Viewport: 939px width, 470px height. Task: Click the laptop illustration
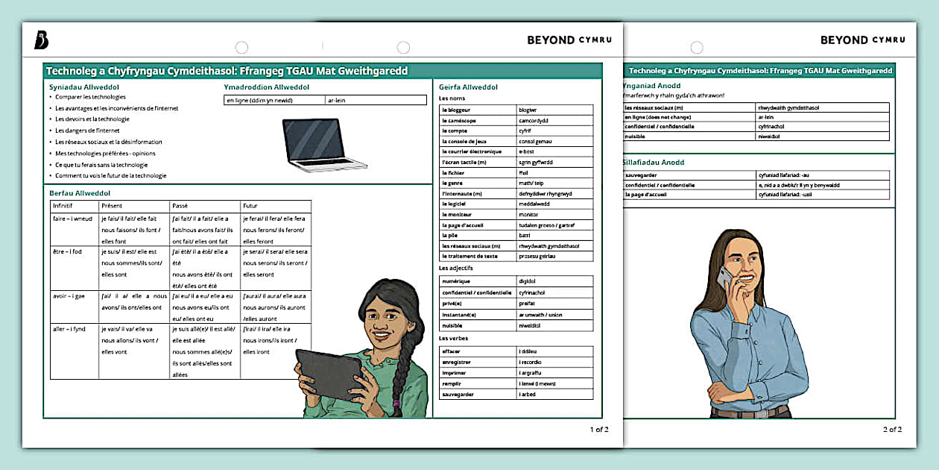pyautogui.click(x=324, y=144)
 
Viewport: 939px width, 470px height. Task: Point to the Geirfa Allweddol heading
pyautogui.click(x=468, y=87)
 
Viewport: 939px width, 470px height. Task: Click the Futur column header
pyautogui.click(x=250, y=206)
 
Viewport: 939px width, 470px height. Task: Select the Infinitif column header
pyautogui.click(x=63, y=206)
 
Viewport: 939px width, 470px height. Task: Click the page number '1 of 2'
pyautogui.click(x=599, y=429)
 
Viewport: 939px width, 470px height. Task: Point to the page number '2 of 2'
pyautogui.click(x=892, y=429)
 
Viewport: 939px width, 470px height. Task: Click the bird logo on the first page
pyautogui.click(x=42, y=41)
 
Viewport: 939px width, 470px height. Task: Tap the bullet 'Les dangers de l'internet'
pyautogui.click(x=87, y=131)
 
